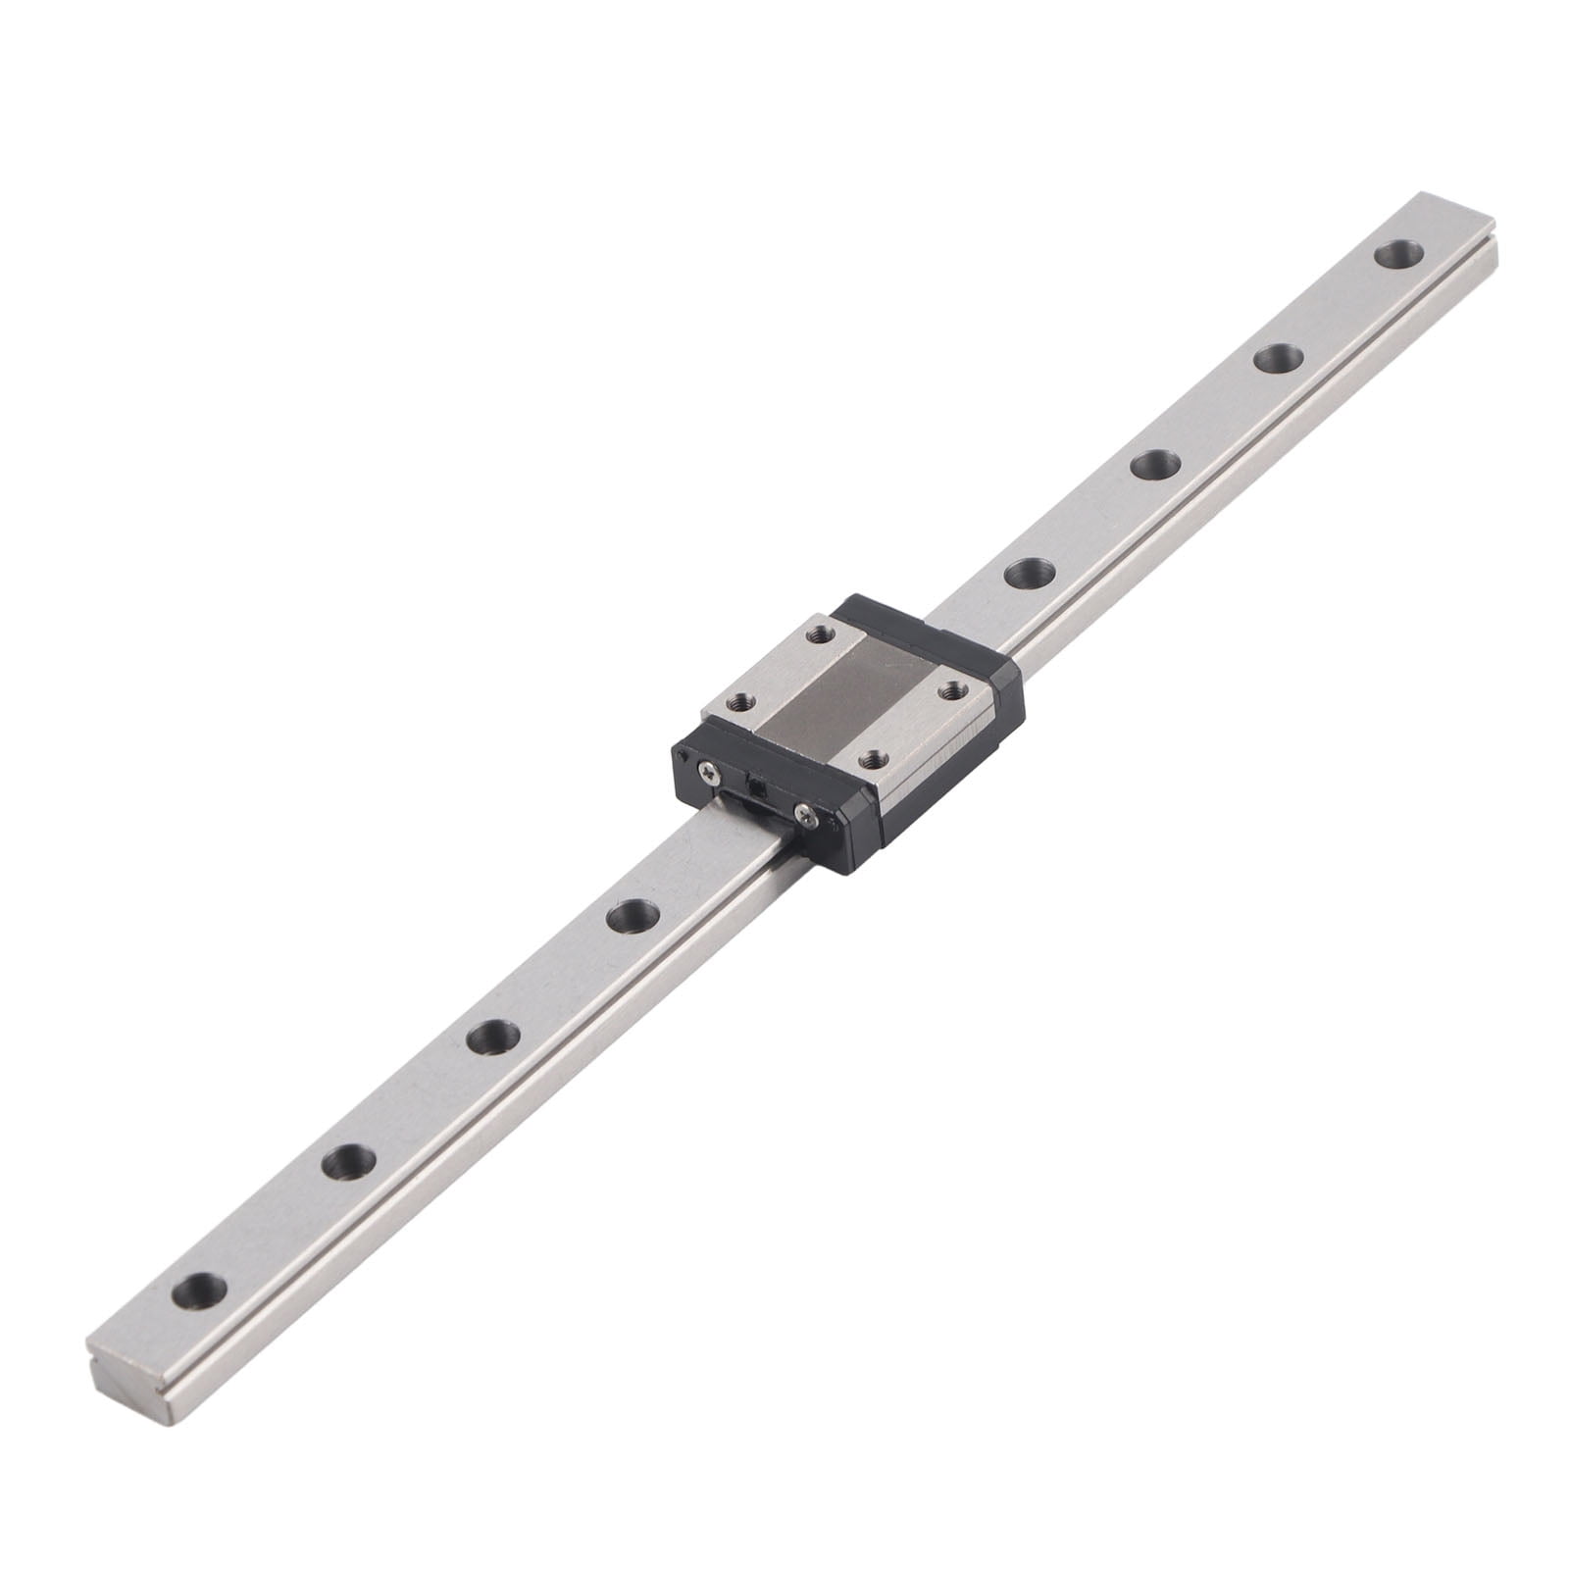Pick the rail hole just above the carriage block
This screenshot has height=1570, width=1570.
pyautogui.click(x=1027, y=572)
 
